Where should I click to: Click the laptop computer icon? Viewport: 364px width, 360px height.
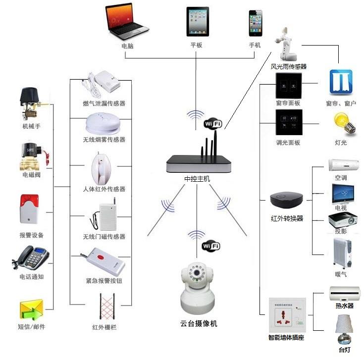coord(127,22)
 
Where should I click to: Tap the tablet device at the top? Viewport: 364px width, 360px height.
coord(196,21)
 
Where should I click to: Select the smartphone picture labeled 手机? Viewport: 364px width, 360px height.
coord(255,22)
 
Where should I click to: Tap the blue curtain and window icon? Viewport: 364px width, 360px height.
coord(341,82)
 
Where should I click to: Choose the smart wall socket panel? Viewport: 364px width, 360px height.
coord(287,314)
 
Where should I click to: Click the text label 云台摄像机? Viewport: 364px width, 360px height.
coord(199,324)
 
